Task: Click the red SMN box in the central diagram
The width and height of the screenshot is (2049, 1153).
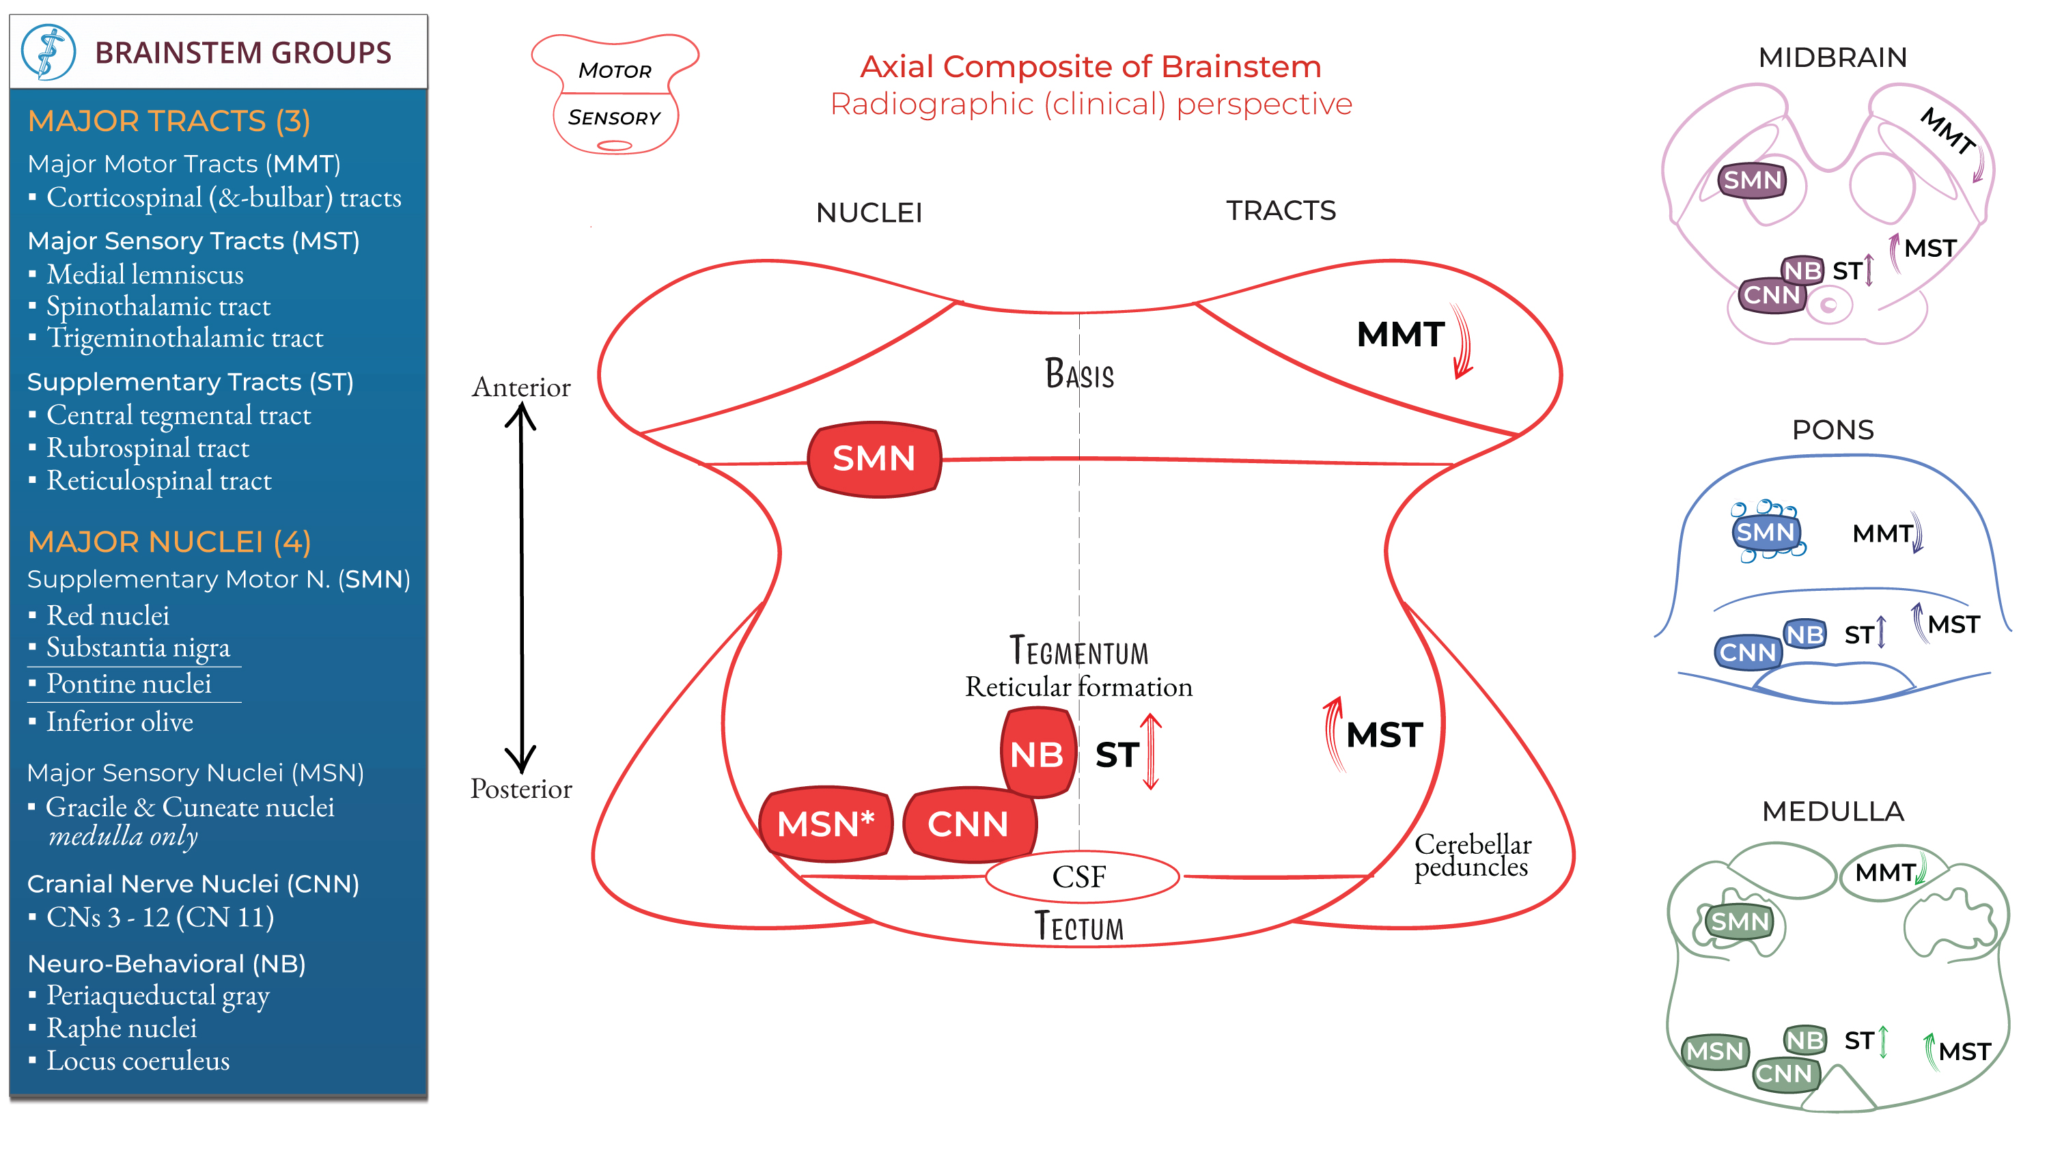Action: tap(874, 459)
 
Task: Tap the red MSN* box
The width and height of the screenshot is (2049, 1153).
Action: tap(825, 824)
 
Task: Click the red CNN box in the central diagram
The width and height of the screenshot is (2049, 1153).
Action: tap(968, 824)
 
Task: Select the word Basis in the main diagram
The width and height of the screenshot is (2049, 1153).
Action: tap(1078, 374)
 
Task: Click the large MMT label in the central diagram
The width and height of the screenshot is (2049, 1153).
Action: tap(1400, 334)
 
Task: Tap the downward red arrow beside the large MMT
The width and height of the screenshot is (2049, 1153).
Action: tap(1462, 342)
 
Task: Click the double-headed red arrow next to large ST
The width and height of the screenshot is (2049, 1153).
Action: tap(1150, 751)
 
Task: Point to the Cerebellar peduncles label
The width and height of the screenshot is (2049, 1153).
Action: tap(1472, 855)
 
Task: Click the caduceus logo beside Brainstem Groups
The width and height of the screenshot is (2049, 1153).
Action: tap(48, 53)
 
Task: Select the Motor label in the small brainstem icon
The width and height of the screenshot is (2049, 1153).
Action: tap(615, 71)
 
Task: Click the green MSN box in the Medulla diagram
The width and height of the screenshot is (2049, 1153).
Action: tap(1714, 1051)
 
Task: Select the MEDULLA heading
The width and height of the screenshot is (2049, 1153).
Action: tap(1832, 811)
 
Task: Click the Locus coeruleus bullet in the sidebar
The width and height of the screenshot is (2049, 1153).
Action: tap(137, 1061)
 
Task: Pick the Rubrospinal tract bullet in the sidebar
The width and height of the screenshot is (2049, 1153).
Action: tap(147, 448)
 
